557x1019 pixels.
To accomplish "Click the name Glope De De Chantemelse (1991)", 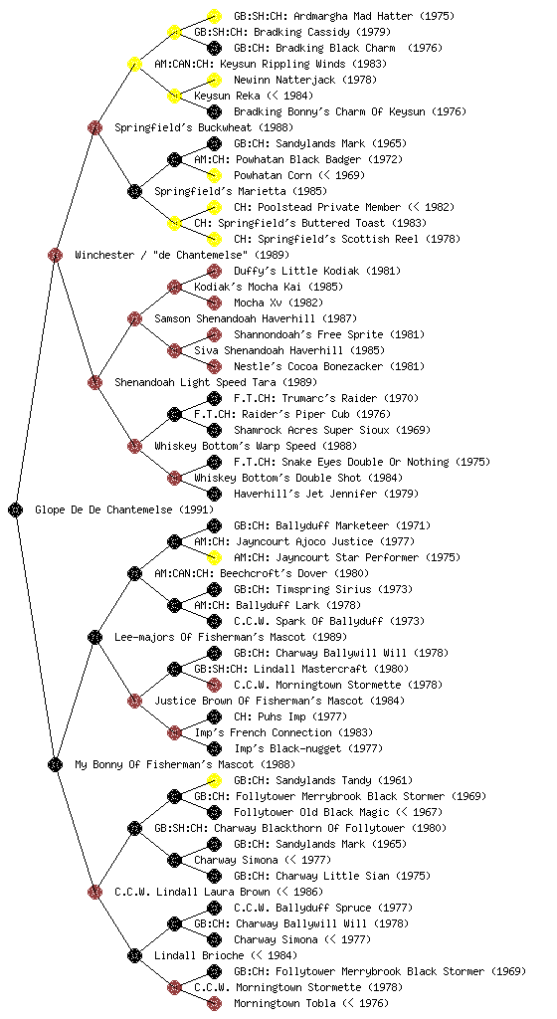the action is (x=124, y=509).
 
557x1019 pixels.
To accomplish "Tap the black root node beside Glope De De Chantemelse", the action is (x=16, y=509).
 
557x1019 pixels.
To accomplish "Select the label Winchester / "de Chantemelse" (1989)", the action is (x=182, y=255).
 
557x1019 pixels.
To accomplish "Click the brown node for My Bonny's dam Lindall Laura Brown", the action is (x=94, y=892).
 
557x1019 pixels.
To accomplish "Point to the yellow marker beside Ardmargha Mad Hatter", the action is (x=214, y=16).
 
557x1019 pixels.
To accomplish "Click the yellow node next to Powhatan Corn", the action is (x=214, y=175).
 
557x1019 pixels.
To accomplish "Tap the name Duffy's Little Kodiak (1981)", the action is (x=317, y=271).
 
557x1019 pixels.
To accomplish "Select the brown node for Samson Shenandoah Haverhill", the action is (x=134, y=318).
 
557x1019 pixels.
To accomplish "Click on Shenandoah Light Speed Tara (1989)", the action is (x=216, y=382).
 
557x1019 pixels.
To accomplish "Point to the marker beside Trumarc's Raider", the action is (x=214, y=398).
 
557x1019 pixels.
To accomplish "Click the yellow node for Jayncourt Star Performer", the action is (x=214, y=557).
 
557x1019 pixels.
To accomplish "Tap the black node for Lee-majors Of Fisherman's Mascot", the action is (x=94, y=637).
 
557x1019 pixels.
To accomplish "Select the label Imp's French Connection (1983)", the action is (x=283, y=732).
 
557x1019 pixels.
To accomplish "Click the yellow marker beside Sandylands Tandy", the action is (x=214, y=780).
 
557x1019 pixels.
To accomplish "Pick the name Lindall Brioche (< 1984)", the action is (x=226, y=955).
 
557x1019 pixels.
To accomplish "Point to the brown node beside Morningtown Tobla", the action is (x=214, y=1003).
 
